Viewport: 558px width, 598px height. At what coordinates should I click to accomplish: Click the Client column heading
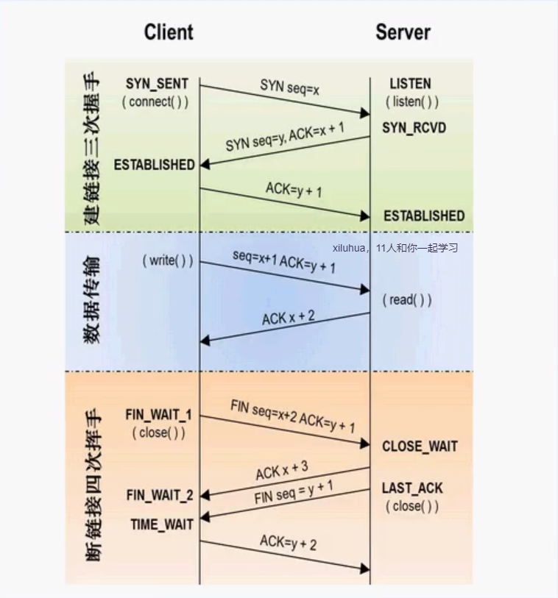pos(169,32)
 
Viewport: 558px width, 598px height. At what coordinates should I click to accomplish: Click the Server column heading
pos(403,32)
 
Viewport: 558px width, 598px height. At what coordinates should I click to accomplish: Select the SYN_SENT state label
pos(158,84)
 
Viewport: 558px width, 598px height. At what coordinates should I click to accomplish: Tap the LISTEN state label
pos(410,84)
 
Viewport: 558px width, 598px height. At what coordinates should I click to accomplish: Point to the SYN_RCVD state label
pos(414,127)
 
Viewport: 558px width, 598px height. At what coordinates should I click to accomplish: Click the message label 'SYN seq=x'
pos(289,87)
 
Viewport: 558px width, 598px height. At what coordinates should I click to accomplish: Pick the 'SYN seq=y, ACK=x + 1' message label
pos(285,137)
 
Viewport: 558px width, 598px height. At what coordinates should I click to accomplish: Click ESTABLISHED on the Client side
pos(154,165)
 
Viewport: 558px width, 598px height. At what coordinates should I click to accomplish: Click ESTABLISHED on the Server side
pos(424,216)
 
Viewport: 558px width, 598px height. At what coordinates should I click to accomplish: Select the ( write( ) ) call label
pos(168,261)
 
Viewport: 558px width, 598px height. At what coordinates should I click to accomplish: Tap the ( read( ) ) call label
pos(407,300)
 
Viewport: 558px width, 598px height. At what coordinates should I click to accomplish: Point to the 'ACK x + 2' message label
pos(288,318)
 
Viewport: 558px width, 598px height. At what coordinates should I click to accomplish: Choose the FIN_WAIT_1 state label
pos(158,415)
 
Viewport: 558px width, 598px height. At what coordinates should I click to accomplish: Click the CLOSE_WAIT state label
pos(420,446)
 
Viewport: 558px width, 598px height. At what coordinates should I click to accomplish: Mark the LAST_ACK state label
pos(412,488)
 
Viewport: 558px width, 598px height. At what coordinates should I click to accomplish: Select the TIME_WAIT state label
pos(162,524)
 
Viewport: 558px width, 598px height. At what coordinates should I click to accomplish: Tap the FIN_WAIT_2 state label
pos(160,495)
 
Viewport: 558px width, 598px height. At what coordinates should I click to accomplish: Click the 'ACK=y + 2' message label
pos(288,543)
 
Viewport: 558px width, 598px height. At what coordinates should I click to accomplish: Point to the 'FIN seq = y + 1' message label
pos(294,492)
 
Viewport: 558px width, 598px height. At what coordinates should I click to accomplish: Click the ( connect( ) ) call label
pos(155,102)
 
